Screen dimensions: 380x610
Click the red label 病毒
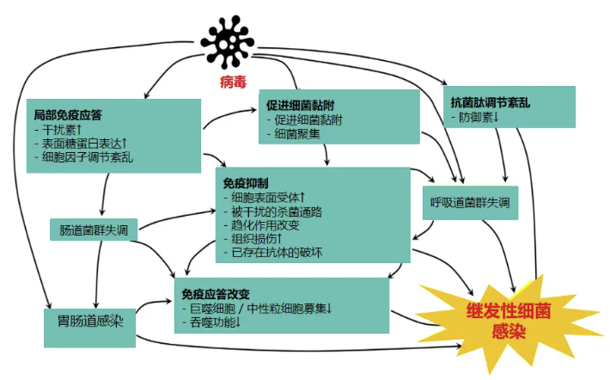(233, 83)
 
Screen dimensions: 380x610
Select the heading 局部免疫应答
(68, 114)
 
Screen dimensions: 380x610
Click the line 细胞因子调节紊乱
(86, 158)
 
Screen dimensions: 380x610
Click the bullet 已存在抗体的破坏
(284, 253)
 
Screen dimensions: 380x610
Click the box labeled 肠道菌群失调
(94, 230)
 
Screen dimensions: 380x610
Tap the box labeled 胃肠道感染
(89, 325)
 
